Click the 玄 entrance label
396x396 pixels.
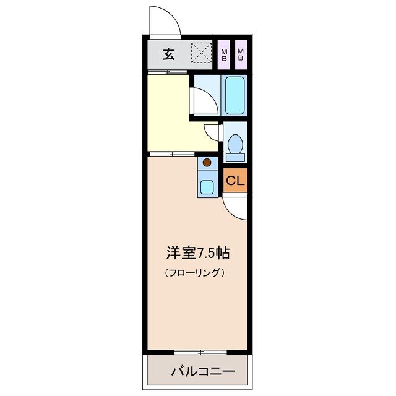click(x=168, y=54)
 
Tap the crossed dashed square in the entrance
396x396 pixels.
click(x=200, y=53)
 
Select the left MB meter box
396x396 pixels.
click(x=224, y=54)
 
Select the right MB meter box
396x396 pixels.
click(x=241, y=54)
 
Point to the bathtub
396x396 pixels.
click(x=235, y=95)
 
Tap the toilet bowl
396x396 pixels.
click(x=235, y=144)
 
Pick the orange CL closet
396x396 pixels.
click(x=235, y=181)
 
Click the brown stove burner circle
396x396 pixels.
click(x=207, y=163)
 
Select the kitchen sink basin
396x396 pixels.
click(x=207, y=186)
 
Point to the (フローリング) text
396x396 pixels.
click(x=194, y=272)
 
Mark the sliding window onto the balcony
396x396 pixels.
click(x=199, y=352)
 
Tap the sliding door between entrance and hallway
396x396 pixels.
click(x=167, y=73)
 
